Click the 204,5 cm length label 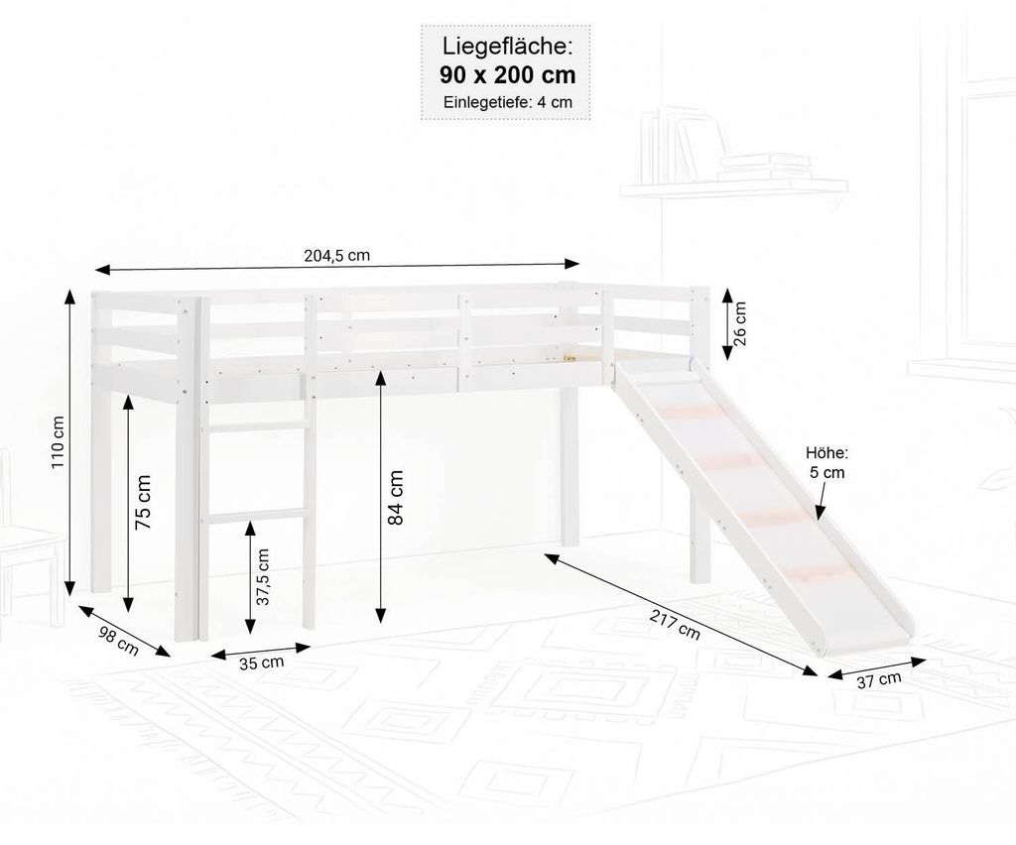(337, 255)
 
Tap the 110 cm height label (59, 442)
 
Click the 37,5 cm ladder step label (262, 577)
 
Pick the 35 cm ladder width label (261, 664)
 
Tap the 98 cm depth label (119, 640)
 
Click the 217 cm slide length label (675, 626)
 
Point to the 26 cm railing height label (740, 323)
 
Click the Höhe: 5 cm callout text (826, 462)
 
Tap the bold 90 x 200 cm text (507, 75)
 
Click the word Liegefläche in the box (507, 46)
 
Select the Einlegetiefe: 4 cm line (507, 102)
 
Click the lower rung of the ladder (255, 515)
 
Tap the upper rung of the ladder (255, 426)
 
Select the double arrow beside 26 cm (727, 323)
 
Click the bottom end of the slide (862, 647)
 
